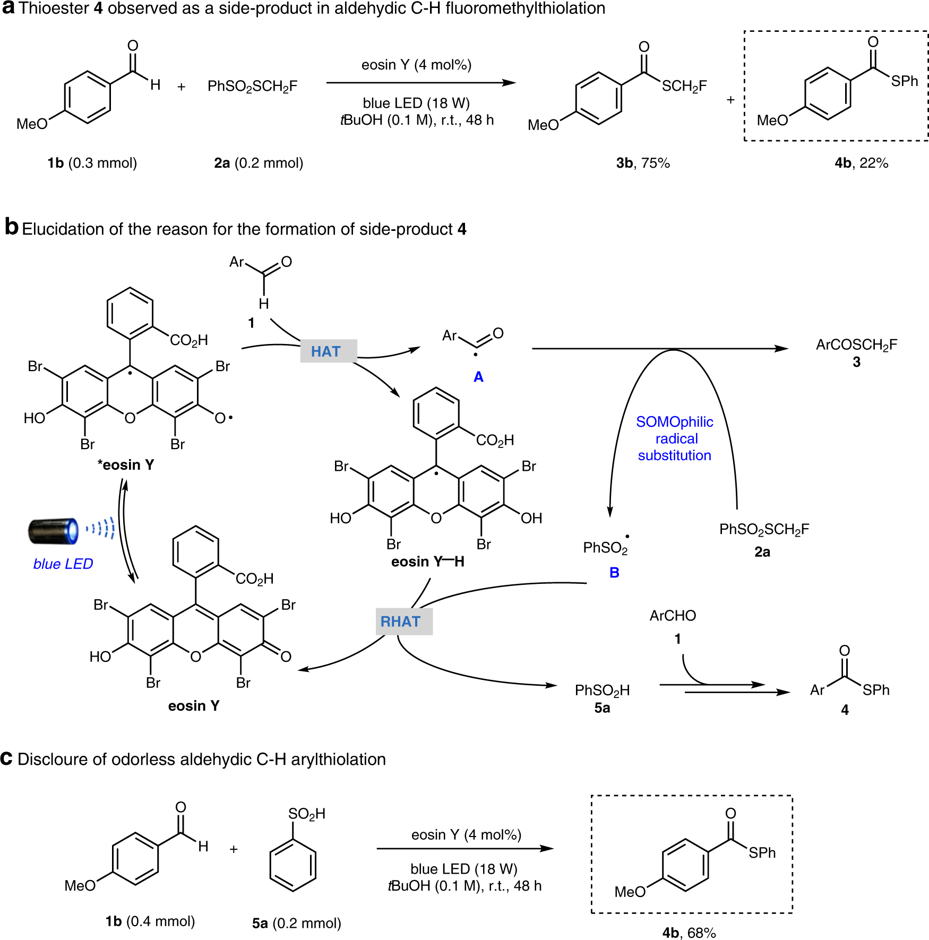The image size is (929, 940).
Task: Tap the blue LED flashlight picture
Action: tap(53, 531)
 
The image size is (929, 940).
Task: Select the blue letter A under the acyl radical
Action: tap(478, 377)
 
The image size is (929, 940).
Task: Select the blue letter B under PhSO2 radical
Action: tap(614, 573)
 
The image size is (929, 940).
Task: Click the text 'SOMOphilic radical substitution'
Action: tap(674, 438)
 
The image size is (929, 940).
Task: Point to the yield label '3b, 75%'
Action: tap(643, 163)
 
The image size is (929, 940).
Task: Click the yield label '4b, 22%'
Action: tap(861, 163)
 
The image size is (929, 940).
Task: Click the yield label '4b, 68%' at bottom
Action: tap(689, 933)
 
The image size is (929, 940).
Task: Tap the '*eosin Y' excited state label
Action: tap(126, 465)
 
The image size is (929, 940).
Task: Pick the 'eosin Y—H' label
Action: tap(427, 562)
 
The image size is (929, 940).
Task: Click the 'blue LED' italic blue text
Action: tap(63, 564)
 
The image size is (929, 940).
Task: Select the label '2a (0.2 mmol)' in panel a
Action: tap(259, 163)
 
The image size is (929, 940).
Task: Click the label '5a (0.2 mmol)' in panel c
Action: tap(296, 923)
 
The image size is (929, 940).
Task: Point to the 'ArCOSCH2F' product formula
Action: tap(856, 345)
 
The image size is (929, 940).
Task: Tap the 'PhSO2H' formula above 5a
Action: tap(602, 690)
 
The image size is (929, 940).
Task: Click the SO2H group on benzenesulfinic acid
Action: tap(306, 814)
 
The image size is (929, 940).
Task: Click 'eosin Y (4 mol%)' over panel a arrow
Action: tap(416, 65)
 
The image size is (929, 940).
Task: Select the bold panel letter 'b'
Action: tap(12, 227)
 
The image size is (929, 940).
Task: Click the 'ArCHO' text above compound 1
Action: tap(673, 616)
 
